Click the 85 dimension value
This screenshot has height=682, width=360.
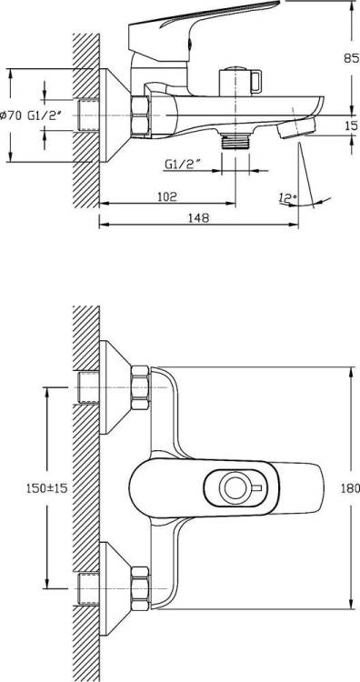pos(352,58)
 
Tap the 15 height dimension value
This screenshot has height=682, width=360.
pos(352,125)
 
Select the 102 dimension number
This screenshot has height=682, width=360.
pos(166,196)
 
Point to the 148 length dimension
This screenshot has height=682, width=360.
pos(198,218)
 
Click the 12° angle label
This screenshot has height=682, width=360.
pos(288,199)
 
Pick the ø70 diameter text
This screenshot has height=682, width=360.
pos(12,115)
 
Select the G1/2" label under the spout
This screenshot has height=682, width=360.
pos(184,164)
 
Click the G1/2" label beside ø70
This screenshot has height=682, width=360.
pos(46,115)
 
